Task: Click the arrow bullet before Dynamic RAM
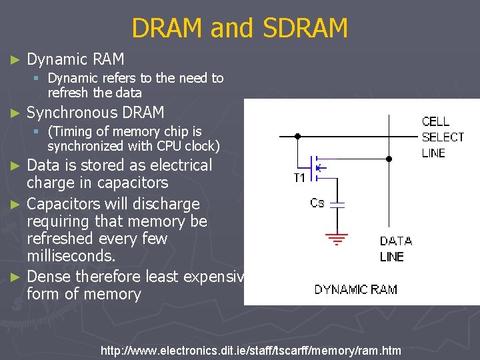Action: pyautogui.click(x=16, y=61)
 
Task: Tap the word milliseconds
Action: pyautogui.click(x=71, y=256)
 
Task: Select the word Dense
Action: pyautogui.click(x=49, y=276)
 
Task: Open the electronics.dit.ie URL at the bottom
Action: pyautogui.click(x=250, y=351)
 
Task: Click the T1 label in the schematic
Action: pyautogui.click(x=299, y=178)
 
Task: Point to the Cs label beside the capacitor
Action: pyautogui.click(x=317, y=203)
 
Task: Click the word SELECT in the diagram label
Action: pyautogui.click(x=443, y=137)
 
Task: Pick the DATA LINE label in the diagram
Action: pyautogui.click(x=396, y=249)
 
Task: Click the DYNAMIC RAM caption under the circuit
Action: pyautogui.click(x=356, y=289)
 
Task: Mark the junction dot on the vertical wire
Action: pyautogui.click(x=389, y=159)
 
